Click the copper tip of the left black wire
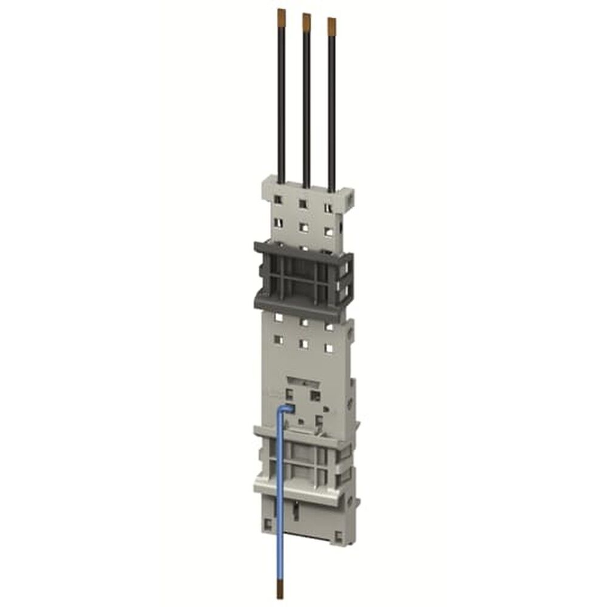(281, 14)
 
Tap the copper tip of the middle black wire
(307, 19)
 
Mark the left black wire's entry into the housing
(282, 180)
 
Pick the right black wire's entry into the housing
(331, 189)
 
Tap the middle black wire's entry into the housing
(307, 185)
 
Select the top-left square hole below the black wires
(278, 200)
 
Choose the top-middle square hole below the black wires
(303, 204)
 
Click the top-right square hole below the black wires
(328, 208)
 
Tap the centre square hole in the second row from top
(303, 228)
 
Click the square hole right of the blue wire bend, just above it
(315, 395)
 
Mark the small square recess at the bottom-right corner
(339, 537)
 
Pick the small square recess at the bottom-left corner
(269, 522)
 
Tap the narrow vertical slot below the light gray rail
(294, 515)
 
